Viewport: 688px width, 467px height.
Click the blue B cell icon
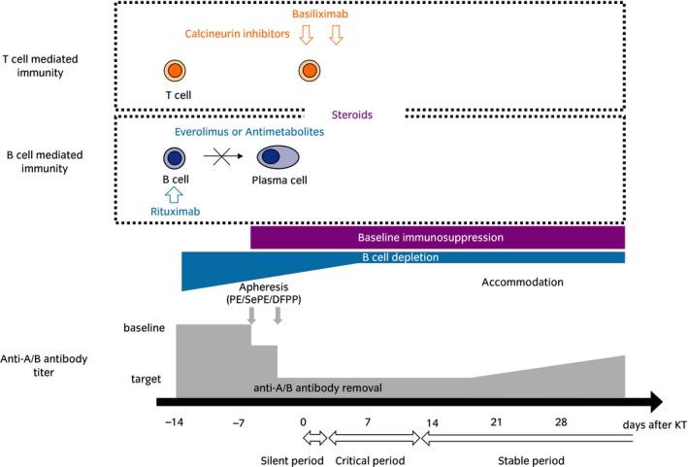[x=175, y=157]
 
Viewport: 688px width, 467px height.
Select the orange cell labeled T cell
[x=175, y=71]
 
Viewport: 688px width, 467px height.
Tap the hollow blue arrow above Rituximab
[x=175, y=191]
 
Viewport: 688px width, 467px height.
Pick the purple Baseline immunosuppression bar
[x=438, y=236]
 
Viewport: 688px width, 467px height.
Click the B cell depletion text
[x=400, y=258]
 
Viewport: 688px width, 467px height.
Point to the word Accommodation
[x=522, y=282]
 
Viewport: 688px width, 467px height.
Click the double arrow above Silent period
[x=305, y=439]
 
